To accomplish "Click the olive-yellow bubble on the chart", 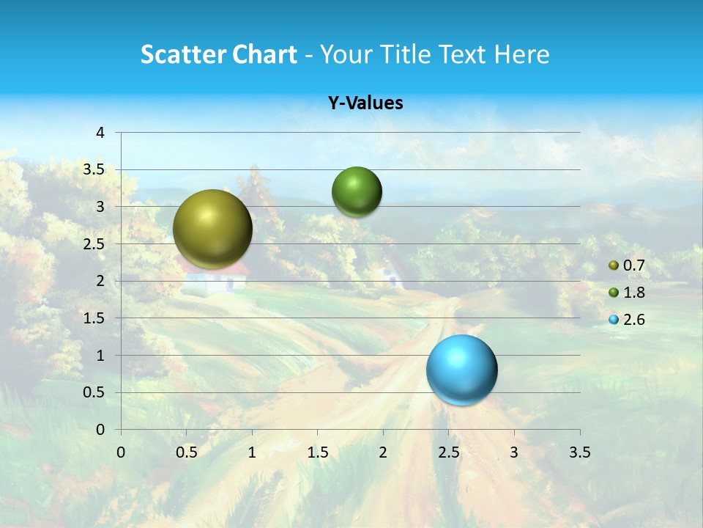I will coord(212,229).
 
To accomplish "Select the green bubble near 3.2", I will coord(357,192).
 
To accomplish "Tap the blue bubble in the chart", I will coord(461,370).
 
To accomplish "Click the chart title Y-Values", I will coord(365,103).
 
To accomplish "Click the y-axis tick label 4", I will coord(100,133).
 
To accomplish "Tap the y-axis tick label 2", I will coord(100,281).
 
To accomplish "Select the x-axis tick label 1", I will coord(252,452).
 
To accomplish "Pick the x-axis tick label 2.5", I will coord(448,452).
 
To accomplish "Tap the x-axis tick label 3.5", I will coord(579,452).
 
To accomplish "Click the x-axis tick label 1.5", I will coord(317,452).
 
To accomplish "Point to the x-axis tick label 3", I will coord(514,452).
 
